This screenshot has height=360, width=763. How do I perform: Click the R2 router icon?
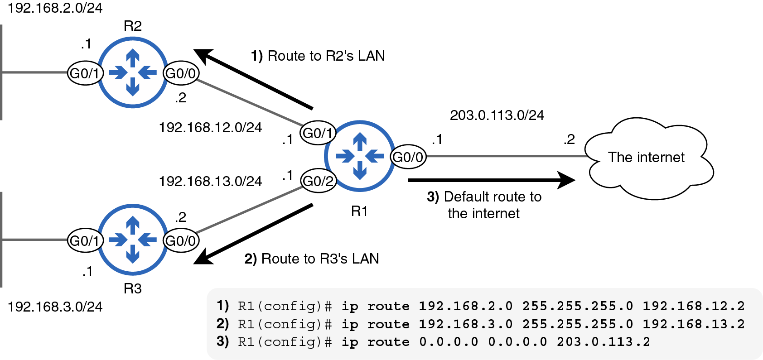click(133, 72)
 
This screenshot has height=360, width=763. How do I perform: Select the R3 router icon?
click(133, 240)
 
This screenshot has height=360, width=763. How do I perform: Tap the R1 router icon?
click(360, 156)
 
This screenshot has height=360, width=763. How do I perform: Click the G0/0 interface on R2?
click(181, 73)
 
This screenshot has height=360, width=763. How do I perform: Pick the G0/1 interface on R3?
click(85, 240)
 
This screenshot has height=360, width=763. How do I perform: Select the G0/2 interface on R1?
click(318, 181)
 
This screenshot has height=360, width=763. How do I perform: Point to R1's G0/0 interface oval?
click(408, 157)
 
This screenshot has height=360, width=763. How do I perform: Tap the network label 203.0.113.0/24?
click(497, 115)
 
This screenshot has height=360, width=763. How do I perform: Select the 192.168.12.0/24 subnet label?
click(210, 127)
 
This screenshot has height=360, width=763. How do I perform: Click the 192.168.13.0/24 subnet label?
click(210, 181)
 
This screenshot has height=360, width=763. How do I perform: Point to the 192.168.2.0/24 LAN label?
click(55, 8)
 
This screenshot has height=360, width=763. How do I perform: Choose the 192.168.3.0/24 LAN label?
click(55, 307)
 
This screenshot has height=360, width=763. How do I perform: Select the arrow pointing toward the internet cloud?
click(492, 180)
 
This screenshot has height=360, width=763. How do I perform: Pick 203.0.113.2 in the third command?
click(603, 341)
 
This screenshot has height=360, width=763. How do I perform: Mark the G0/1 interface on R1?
click(318, 133)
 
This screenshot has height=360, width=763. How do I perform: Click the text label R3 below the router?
click(133, 288)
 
